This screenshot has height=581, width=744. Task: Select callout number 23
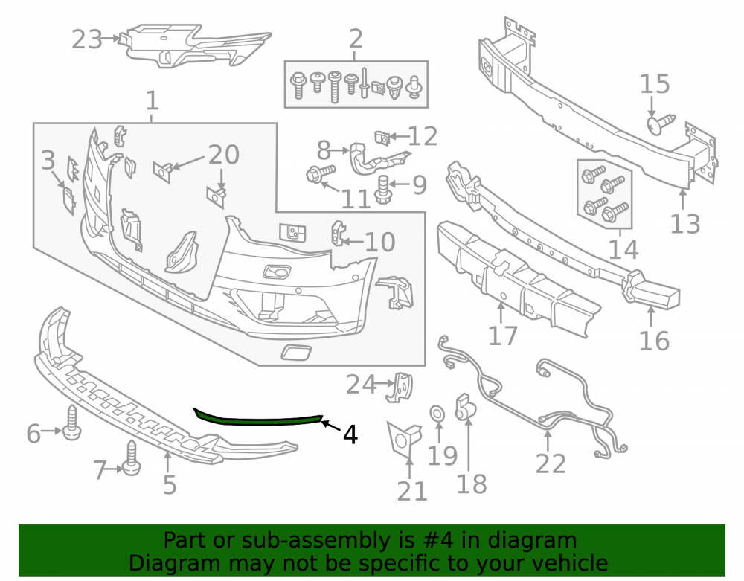click(87, 39)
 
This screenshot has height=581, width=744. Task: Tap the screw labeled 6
click(72, 423)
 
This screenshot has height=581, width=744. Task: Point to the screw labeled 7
click(132, 459)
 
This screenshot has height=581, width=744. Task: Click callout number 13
click(685, 224)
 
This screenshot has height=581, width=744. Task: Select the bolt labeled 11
click(321, 173)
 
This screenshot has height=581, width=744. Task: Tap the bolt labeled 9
click(383, 189)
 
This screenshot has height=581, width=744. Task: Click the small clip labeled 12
click(382, 138)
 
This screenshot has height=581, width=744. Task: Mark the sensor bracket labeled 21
click(403, 440)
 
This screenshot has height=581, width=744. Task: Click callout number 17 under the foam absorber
click(502, 336)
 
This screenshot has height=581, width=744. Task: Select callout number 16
click(654, 341)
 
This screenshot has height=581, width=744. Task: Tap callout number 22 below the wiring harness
click(551, 463)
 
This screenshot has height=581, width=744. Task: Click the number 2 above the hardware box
click(356, 39)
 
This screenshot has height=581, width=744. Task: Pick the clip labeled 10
click(339, 234)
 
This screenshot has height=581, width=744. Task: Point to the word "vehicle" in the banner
click(570, 563)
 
